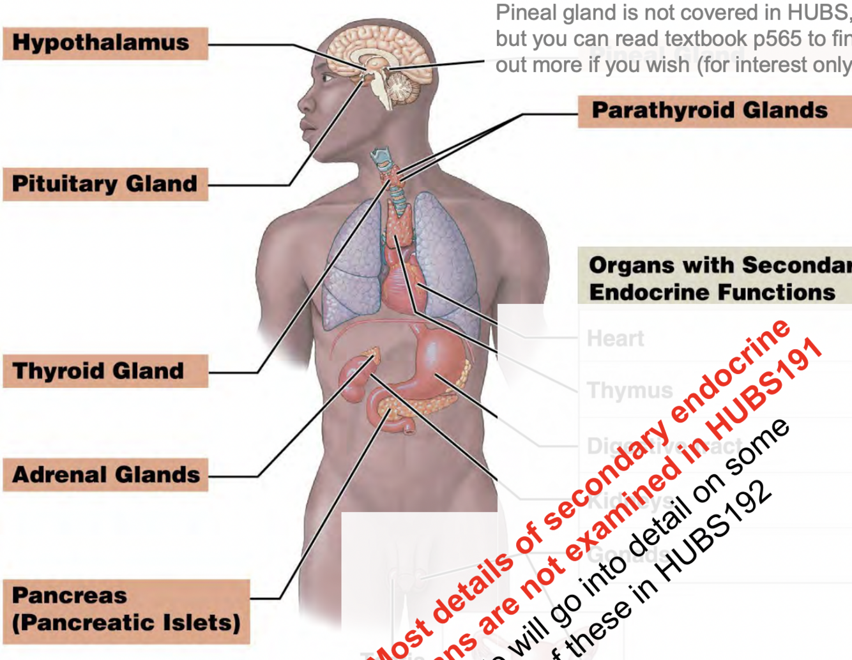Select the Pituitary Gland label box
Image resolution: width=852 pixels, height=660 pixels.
pos(105,184)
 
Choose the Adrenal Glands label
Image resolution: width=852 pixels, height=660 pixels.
pos(105,475)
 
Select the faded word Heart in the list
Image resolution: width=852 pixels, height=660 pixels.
pos(615,338)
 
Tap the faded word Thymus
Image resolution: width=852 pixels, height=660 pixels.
pos(629,390)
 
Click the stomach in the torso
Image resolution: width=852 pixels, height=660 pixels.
pos(434,357)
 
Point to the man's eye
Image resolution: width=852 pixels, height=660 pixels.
pos(327,79)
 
